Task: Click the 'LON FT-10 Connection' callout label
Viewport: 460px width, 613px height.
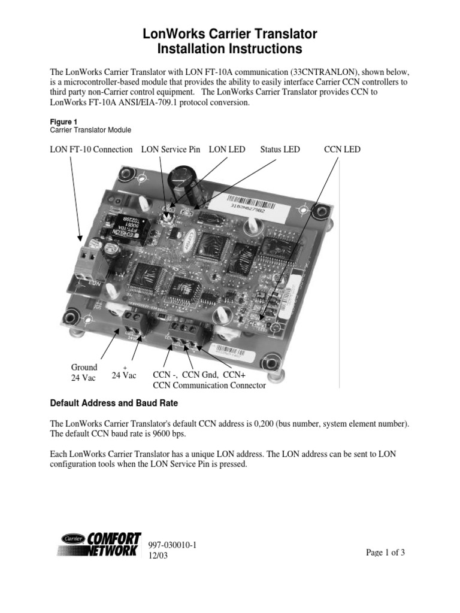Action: click(x=91, y=149)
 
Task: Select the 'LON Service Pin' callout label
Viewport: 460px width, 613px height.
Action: click(x=171, y=149)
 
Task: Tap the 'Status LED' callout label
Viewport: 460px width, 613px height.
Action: click(x=280, y=149)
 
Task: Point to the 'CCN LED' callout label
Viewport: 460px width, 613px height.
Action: click(x=343, y=149)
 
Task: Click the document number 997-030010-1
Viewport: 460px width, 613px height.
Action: click(x=172, y=545)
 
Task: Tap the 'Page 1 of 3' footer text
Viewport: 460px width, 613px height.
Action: click(x=386, y=553)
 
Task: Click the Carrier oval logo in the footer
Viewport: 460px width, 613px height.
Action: click(x=73, y=539)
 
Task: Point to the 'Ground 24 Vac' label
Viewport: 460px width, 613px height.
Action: click(x=84, y=372)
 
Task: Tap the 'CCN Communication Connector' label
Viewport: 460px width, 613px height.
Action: click(x=210, y=386)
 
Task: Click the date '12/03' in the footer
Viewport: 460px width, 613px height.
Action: click(x=158, y=556)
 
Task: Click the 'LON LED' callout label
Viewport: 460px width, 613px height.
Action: click(x=227, y=149)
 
